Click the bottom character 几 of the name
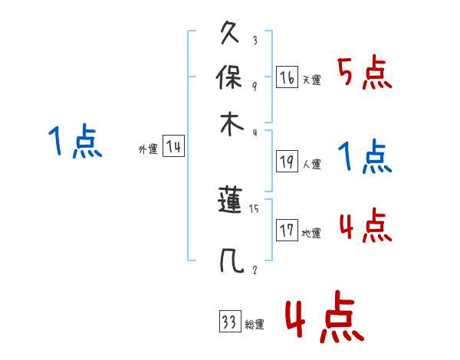[232, 261]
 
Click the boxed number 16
[287, 77]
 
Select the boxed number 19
[287, 161]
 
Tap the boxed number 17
[287, 231]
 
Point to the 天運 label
[311, 80]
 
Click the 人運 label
[312, 163]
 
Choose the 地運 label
[311, 234]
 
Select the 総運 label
[255, 325]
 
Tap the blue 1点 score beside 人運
[365, 157]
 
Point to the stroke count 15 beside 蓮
[255, 208]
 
